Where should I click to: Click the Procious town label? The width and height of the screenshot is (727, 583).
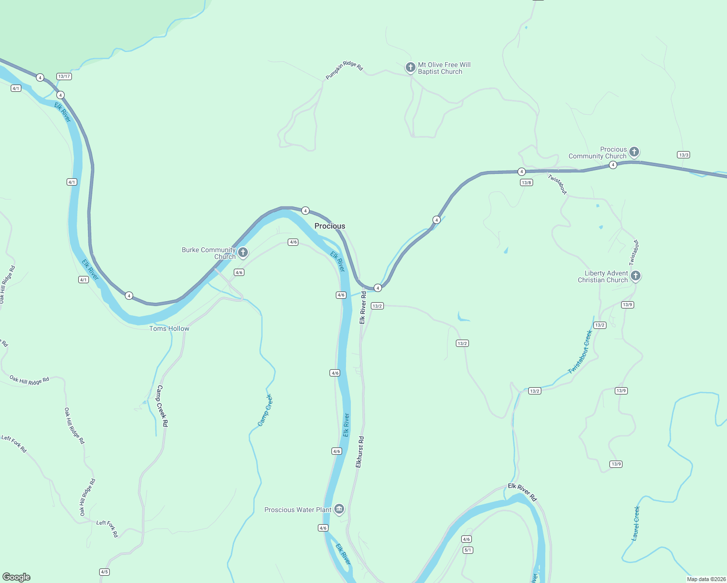point(329,226)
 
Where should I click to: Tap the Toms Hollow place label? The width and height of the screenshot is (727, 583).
point(169,328)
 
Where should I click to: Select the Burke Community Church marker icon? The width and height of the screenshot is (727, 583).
point(243,253)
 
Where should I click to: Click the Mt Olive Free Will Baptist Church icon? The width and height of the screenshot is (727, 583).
point(411,67)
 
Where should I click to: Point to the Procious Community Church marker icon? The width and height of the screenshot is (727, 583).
point(634,152)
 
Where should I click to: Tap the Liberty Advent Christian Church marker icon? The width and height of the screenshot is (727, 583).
point(636,276)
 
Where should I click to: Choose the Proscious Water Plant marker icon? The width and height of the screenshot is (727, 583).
point(339,509)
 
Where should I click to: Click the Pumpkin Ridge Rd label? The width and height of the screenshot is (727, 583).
point(344,69)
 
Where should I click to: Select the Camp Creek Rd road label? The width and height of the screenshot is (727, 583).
point(162,406)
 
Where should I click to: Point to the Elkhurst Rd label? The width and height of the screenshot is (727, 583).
point(360,452)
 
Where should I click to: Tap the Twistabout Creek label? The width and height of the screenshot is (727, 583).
point(581,352)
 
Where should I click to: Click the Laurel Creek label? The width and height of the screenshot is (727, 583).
point(636,523)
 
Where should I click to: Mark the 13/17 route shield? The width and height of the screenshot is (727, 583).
point(64,76)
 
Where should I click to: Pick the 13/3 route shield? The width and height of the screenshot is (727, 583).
point(684,155)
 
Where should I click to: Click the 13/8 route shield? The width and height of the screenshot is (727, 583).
point(526,183)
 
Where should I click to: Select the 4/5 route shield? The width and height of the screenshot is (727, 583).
point(104,572)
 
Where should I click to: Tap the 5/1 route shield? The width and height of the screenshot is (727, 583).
point(467,550)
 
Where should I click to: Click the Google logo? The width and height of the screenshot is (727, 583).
point(17,577)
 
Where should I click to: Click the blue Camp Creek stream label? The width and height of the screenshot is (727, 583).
point(265,411)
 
